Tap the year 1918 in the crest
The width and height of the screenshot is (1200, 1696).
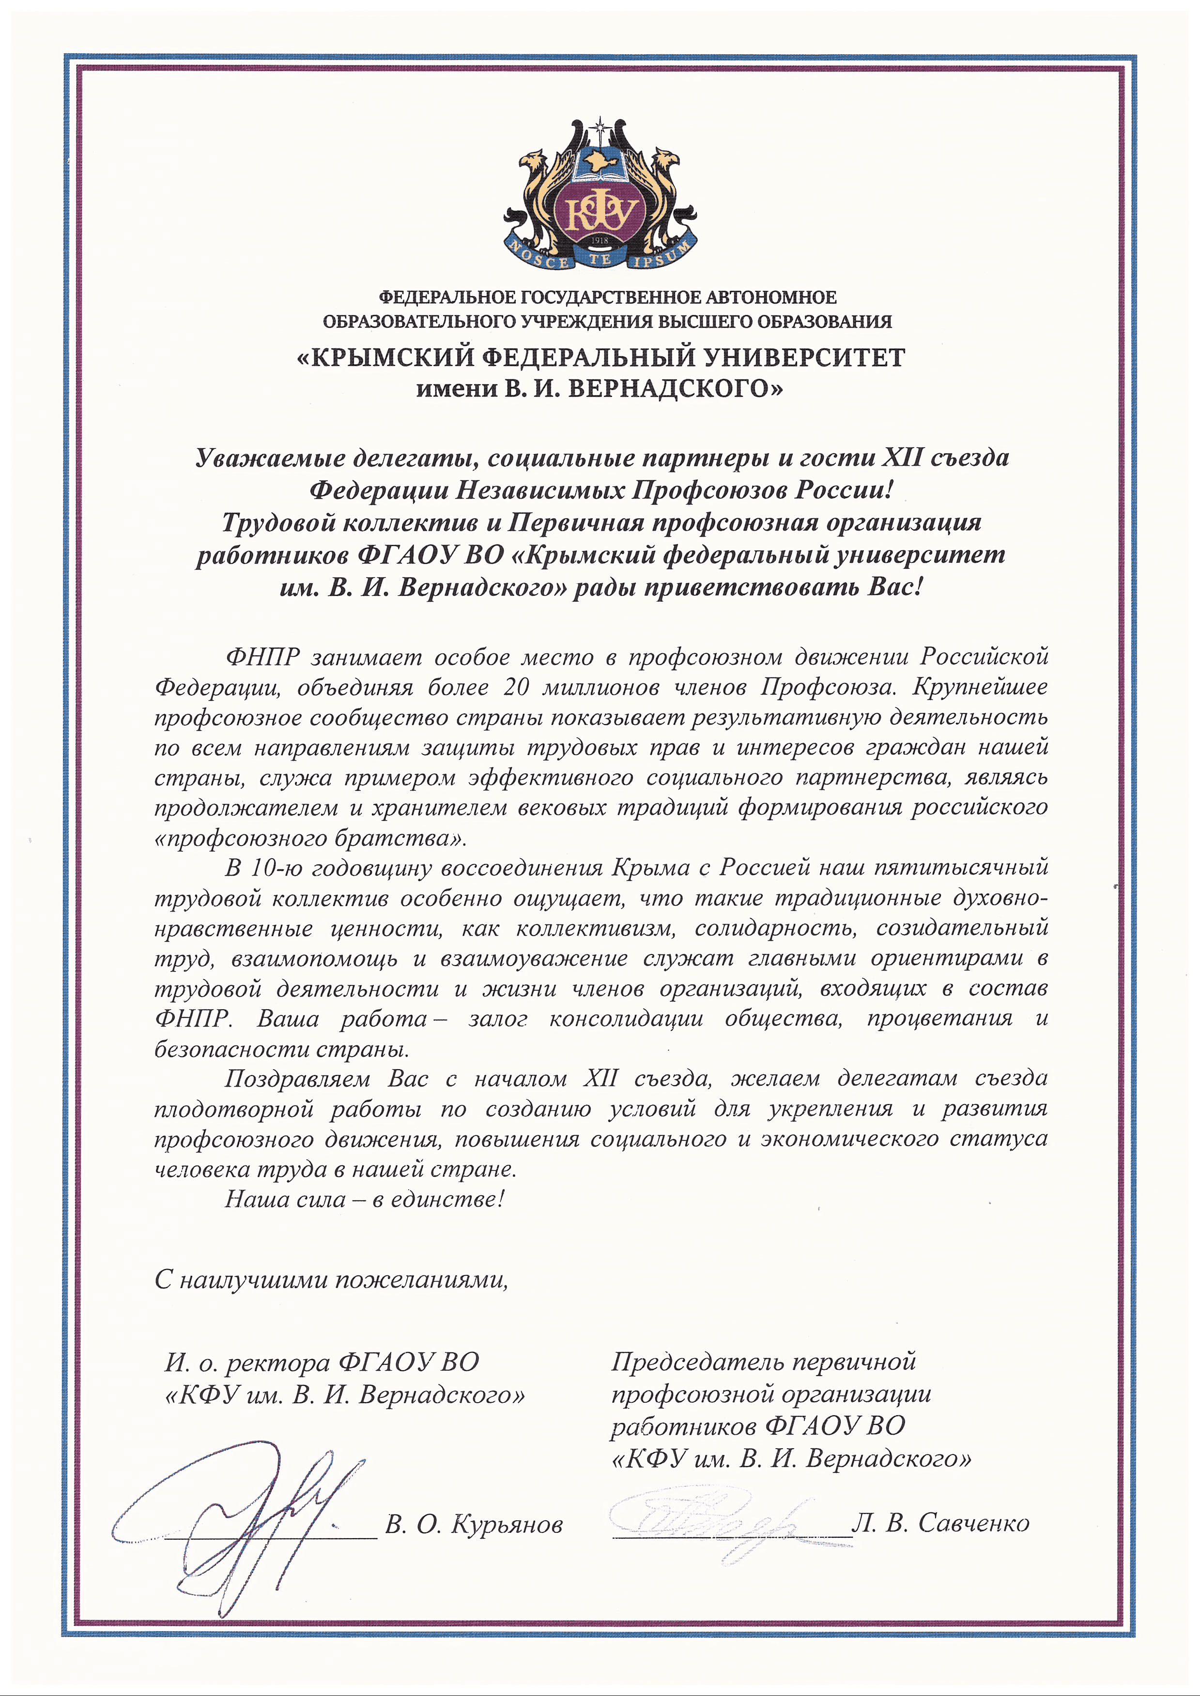(x=600, y=240)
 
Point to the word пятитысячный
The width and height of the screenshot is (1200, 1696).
(x=961, y=867)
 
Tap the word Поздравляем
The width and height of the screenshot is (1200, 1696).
(x=297, y=1079)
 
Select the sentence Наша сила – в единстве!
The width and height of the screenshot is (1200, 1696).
(x=364, y=1199)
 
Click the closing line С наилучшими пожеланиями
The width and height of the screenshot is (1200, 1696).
(x=332, y=1279)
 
